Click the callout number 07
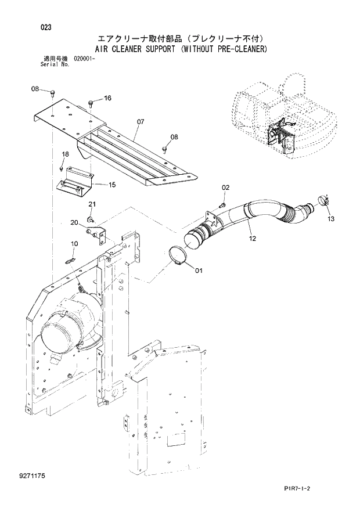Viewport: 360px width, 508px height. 140,122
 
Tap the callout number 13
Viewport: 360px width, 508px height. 331,219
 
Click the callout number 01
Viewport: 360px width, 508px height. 199,270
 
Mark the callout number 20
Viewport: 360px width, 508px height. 74,222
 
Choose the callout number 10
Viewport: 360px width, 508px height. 74,243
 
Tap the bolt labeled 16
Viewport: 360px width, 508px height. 91,103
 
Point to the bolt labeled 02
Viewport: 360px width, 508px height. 222,204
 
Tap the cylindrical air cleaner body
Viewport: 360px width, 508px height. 70,322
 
